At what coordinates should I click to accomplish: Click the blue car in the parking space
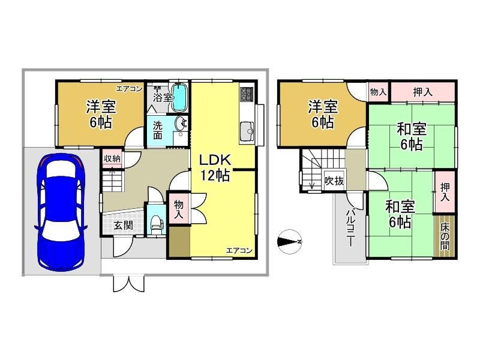pos(61,212)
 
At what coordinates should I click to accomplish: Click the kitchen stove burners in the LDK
pos(247,94)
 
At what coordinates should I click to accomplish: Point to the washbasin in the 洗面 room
pos(181,124)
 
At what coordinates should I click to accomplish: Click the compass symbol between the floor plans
pos(289,242)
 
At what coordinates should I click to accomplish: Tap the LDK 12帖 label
pos(215,167)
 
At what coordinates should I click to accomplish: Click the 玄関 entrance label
pos(124,226)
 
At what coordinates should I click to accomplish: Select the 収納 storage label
pos(112,158)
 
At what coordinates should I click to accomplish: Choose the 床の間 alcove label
pos(445,236)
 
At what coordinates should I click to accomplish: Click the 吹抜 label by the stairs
pos(334,181)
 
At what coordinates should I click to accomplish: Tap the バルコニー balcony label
pos(350,228)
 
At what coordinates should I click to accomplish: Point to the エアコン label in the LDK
pos(239,250)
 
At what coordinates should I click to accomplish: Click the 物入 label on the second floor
pos(378,92)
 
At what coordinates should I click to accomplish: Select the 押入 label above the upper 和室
pos(422,92)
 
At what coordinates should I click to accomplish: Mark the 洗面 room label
pos(157,130)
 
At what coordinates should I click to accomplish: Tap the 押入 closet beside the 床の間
pos(445,192)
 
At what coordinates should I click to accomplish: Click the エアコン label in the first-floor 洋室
pos(129,89)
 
